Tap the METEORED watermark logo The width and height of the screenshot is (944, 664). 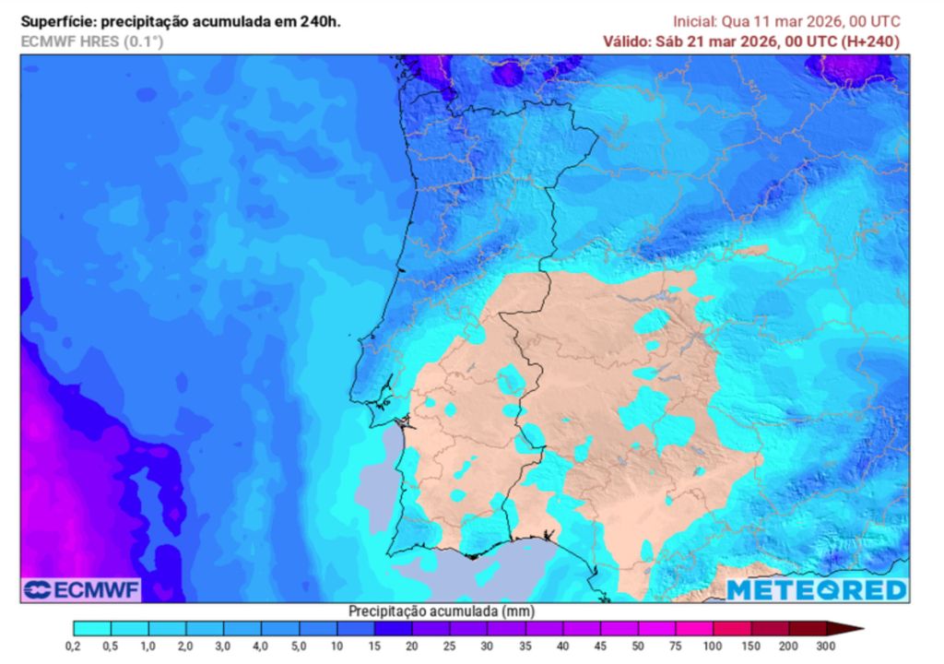[817, 590]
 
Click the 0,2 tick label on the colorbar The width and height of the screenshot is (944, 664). [73, 646]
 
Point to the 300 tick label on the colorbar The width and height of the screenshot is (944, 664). [826, 646]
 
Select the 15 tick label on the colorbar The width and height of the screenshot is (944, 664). [375, 646]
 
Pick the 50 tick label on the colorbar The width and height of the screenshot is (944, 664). [639, 646]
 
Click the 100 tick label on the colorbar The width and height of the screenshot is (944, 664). [714, 646]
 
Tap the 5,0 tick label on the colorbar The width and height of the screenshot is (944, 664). [300, 646]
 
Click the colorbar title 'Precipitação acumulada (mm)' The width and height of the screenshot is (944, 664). [442, 611]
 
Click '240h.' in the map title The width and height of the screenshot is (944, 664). [320, 21]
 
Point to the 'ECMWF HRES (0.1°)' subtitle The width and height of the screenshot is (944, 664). [91, 41]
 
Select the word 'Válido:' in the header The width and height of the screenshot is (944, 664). [628, 41]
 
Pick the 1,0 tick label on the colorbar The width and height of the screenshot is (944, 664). [148, 646]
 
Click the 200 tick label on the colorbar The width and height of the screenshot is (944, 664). [788, 646]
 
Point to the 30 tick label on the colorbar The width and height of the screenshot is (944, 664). [488, 646]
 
